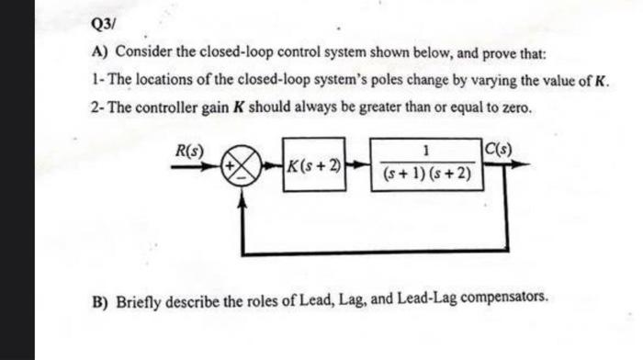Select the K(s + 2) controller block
(x=314, y=167)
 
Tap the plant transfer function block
(x=424, y=163)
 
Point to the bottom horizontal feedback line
(x=377, y=250)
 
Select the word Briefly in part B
(x=139, y=300)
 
